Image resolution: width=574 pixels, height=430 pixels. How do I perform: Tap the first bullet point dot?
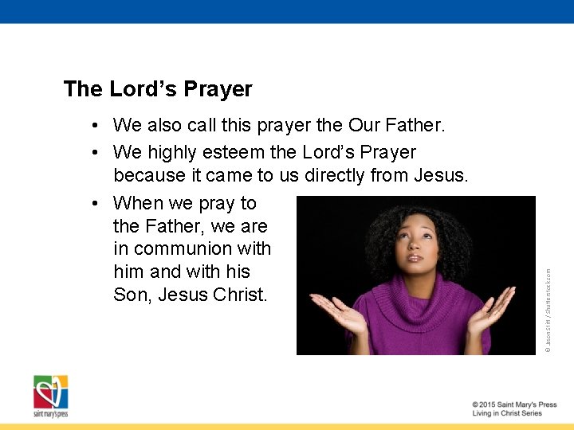pos(94,126)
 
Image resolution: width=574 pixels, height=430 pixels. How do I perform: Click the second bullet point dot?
pos(94,152)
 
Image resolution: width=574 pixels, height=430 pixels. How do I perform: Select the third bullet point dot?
pos(94,204)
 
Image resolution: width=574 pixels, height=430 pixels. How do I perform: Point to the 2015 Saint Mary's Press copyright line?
pos(514,405)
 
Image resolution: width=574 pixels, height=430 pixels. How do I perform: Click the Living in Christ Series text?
pos(507,413)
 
